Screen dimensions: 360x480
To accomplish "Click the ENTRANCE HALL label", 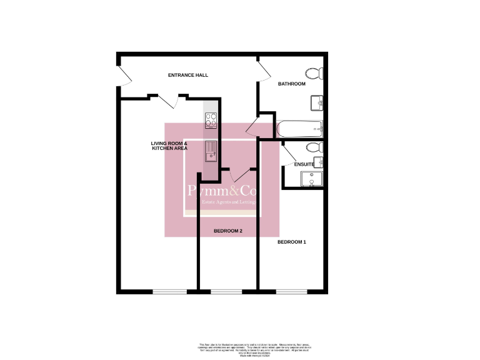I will click(188, 76).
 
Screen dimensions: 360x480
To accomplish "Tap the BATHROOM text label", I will click(291, 84).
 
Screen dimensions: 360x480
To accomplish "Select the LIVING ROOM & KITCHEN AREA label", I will click(169, 146).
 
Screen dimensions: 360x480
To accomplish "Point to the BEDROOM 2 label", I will click(227, 231).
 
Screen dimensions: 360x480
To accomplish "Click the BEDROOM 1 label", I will click(291, 242).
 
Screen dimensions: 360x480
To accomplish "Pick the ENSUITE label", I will click(312, 164).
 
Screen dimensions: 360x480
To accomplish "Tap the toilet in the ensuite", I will click(314, 147).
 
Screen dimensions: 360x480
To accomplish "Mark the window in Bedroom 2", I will click(226, 292).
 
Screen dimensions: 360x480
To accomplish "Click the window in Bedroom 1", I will click(291, 292).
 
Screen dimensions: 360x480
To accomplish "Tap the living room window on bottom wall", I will click(169, 292).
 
